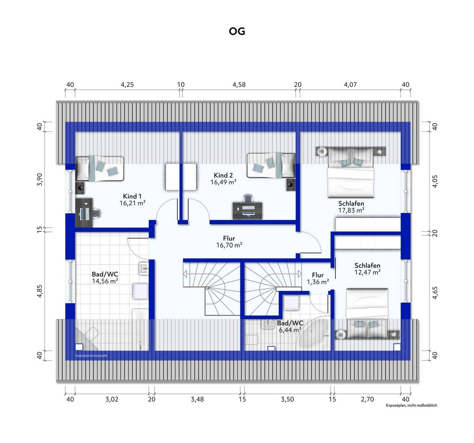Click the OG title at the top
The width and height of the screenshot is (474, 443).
[x=237, y=31]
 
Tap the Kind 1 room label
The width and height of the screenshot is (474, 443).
[x=132, y=196]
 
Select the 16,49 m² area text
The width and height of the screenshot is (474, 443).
[x=224, y=182]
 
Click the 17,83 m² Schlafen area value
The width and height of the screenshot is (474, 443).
[x=351, y=210]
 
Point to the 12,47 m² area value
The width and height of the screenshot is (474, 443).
[x=367, y=272]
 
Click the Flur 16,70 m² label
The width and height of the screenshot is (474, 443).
[x=229, y=242]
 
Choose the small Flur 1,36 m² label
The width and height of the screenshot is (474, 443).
[x=318, y=278]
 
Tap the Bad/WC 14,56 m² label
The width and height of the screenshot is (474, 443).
[x=105, y=277]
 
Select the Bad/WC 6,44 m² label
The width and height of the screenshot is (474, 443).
[x=290, y=326]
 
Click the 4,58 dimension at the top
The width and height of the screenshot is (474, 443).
[x=239, y=85]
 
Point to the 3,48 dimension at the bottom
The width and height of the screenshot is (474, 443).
[x=197, y=400]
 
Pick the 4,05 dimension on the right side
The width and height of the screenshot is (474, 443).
[x=435, y=181]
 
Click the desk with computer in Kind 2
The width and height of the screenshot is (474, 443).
[x=248, y=210]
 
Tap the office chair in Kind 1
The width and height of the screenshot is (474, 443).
[x=96, y=213]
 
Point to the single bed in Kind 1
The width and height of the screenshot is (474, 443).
[x=100, y=169]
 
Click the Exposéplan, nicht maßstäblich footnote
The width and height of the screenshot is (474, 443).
[x=411, y=405]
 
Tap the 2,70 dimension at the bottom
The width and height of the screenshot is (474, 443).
[x=367, y=400]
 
